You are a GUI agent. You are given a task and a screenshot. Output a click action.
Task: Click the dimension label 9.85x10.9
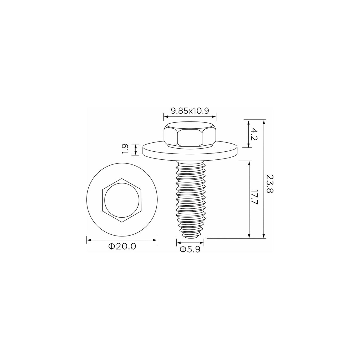pos(190,111)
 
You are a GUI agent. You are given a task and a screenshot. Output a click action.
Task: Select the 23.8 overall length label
pos(270,184)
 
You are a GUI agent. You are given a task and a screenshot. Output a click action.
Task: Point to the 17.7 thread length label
pos(254,197)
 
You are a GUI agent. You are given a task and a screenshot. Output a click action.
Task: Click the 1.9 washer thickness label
pos(124,150)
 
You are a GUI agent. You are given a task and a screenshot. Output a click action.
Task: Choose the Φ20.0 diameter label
pos(122,247)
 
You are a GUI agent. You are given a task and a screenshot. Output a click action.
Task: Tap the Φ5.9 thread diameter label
pos(190,250)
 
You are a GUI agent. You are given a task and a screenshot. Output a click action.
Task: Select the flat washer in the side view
pos(191,151)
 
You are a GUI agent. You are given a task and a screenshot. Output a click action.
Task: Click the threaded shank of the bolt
pos(190,198)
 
